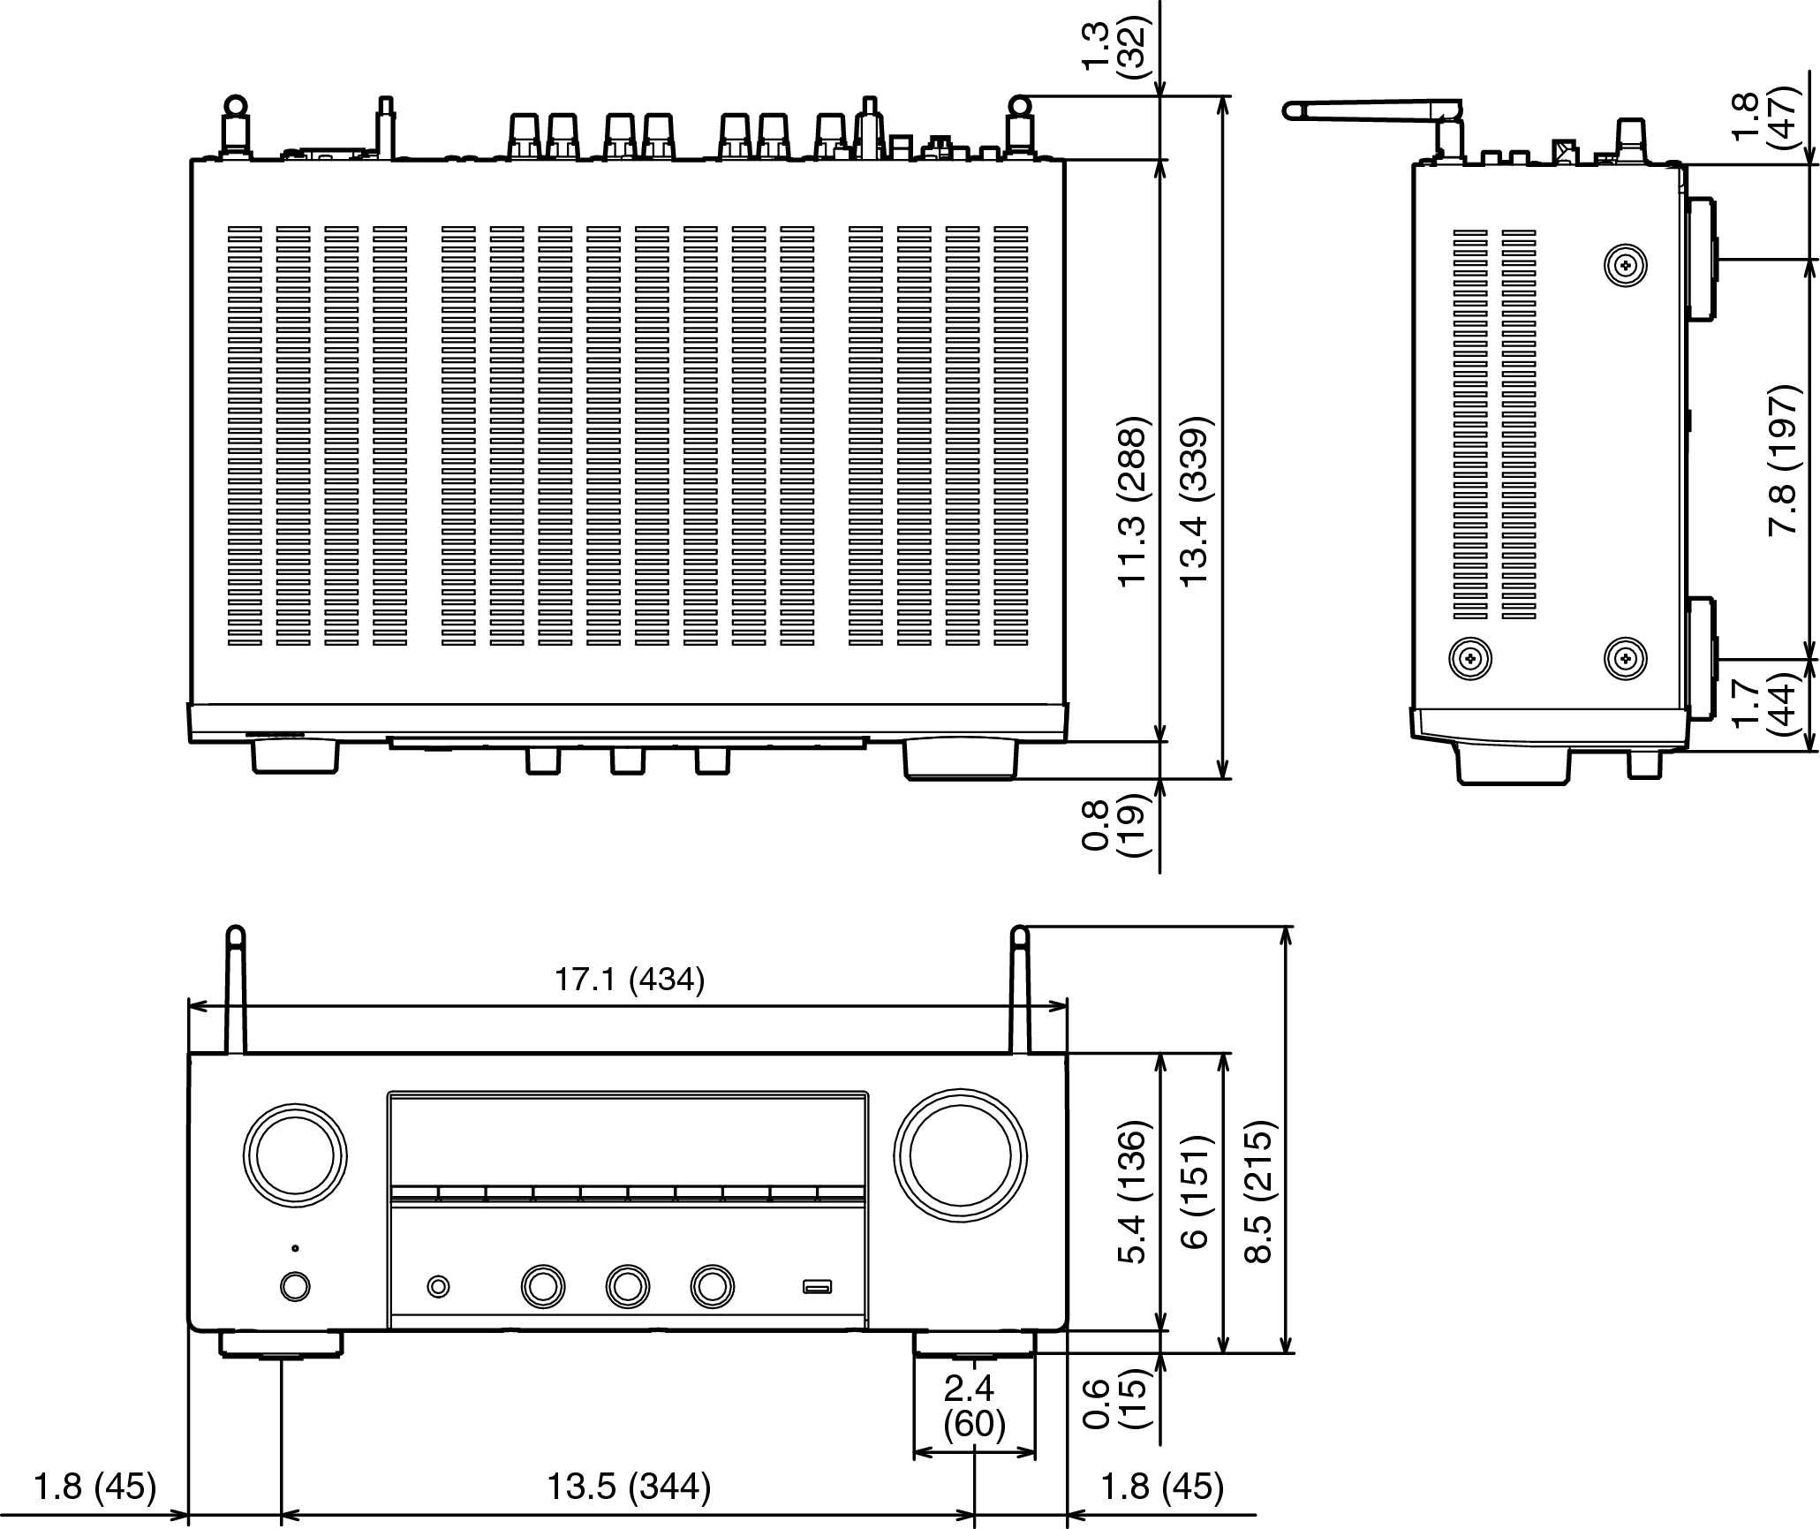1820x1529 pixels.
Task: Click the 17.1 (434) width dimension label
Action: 630,980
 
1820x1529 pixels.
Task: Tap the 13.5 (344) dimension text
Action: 629,1487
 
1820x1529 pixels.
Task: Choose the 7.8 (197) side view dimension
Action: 1783,459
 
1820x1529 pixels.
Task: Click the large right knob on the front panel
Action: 961,1156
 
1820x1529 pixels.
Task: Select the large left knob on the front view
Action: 294,1155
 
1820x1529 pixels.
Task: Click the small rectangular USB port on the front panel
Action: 817,1287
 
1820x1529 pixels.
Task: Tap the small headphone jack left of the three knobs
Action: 438,1287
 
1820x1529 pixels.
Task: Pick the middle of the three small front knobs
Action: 627,1286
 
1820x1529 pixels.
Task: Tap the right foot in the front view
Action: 974,1344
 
